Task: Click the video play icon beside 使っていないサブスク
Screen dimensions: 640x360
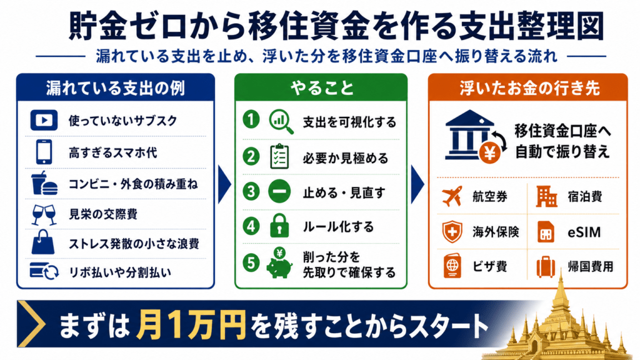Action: coord(44,121)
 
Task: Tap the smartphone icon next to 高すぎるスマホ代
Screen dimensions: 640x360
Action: coord(44,152)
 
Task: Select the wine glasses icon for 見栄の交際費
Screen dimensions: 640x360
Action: coord(44,215)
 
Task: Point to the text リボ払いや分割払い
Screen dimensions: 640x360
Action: coord(120,272)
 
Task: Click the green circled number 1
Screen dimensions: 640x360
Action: coord(251,120)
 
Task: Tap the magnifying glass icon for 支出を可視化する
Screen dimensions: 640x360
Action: coord(281,122)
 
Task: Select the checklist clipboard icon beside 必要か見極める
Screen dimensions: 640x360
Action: coord(279,156)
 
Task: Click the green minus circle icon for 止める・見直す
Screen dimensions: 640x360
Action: coord(279,191)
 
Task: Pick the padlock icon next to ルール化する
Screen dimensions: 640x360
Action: coord(279,225)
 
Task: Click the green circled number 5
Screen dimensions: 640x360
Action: coord(251,262)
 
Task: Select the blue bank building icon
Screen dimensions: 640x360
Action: coord(469,135)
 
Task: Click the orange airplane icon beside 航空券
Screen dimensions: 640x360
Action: coord(452,196)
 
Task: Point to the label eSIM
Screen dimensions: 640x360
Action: coord(584,232)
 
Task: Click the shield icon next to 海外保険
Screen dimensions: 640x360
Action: coord(452,231)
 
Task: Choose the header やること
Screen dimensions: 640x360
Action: coord(322,87)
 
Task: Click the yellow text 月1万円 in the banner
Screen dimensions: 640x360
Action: coord(191,325)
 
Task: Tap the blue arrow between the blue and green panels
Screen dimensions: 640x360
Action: coord(224,184)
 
